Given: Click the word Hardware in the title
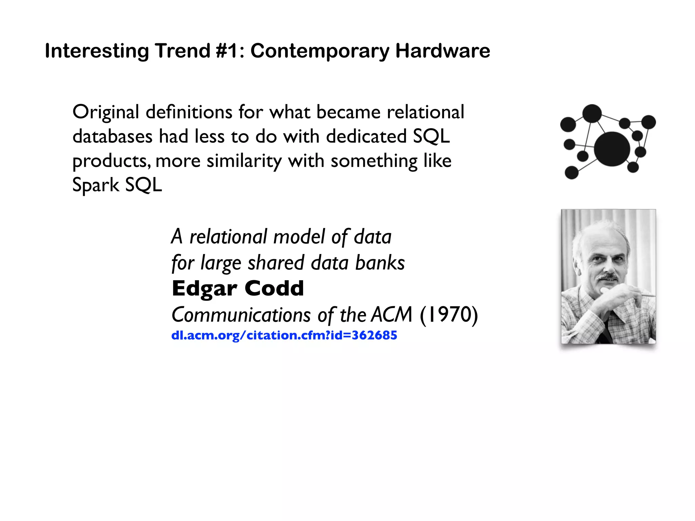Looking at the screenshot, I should click(443, 51).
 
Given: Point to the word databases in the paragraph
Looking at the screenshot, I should click(112, 137).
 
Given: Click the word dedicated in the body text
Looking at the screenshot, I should click(366, 137).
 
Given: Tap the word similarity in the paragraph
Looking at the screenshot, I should click(244, 161).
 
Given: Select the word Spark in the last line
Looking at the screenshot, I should click(96, 186).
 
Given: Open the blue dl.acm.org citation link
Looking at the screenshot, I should click(284, 335).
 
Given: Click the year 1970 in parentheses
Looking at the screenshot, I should click(449, 315).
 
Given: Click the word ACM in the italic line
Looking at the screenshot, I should click(392, 315).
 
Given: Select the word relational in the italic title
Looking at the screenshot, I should click(228, 237).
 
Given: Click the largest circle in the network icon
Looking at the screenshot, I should click(612, 149).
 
